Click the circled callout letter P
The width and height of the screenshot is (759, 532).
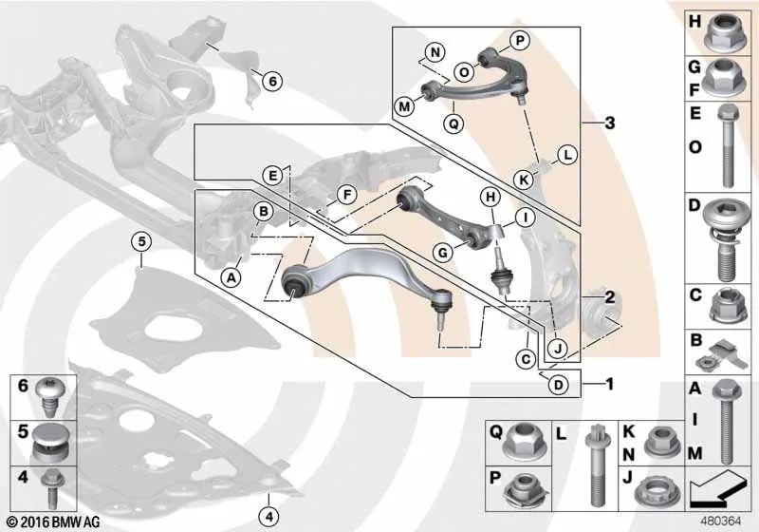519,41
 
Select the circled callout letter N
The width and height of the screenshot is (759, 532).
435,52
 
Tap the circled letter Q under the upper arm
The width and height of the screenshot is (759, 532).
454,124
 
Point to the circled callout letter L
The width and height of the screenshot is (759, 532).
567,155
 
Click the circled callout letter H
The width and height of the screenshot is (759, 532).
491,198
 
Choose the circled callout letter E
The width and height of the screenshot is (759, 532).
273,175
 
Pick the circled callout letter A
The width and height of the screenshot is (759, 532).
231,277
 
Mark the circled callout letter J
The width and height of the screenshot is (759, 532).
558,348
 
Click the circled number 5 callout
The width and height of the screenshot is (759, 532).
141,241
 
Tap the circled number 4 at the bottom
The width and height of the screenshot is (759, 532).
269,517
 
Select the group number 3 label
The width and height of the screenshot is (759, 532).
610,123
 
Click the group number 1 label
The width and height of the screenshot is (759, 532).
610,384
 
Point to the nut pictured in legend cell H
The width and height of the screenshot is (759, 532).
723,33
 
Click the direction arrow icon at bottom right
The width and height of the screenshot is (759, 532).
717,488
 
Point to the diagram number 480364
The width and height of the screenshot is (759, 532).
721,522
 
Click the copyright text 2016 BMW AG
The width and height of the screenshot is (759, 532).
54,522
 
